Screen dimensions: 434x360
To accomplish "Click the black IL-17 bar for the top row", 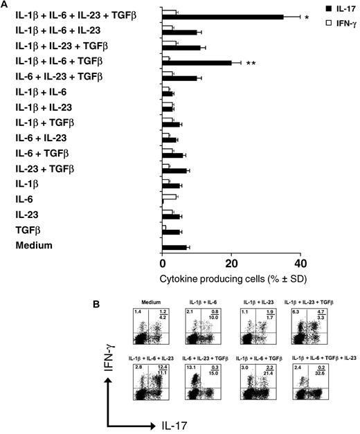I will coord(222,17).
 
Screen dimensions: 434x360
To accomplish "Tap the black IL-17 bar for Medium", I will coord(173,247).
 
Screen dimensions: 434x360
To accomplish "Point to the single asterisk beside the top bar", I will coord(306,17).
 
